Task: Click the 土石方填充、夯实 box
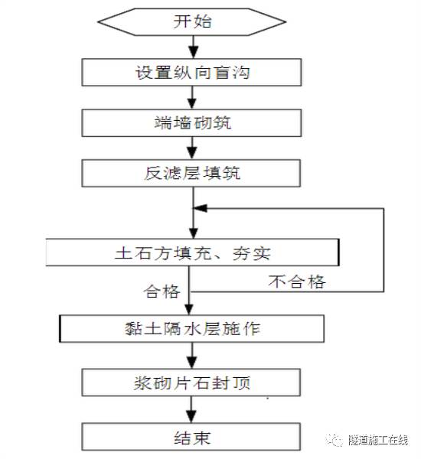tap(191, 251)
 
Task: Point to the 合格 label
tap(162, 292)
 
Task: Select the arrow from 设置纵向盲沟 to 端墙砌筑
tap(193, 97)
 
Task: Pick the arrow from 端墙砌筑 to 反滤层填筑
tap(193, 148)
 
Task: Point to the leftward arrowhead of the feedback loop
tap(199, 207)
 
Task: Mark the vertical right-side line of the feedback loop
tap(383, 249)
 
